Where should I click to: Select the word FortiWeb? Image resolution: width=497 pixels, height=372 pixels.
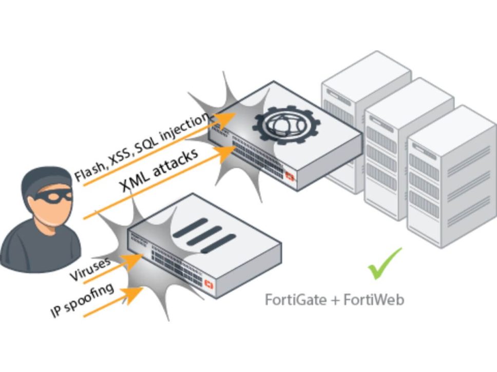(374, 299)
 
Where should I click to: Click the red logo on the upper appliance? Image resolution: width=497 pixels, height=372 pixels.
(290, 177)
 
